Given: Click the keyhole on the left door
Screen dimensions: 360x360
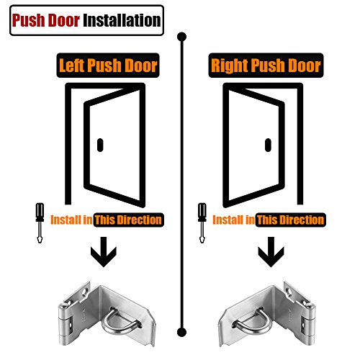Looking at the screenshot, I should (x=100, y=143).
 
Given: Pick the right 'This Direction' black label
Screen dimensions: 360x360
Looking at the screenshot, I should (x=292, y=219).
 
